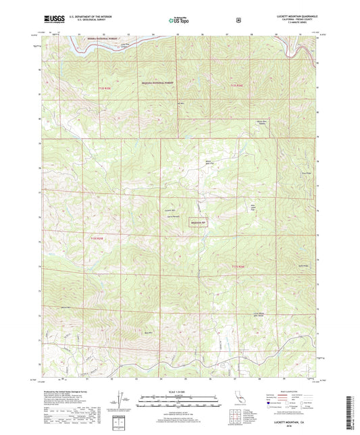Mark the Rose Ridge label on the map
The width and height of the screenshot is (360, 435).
click(305, 173)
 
